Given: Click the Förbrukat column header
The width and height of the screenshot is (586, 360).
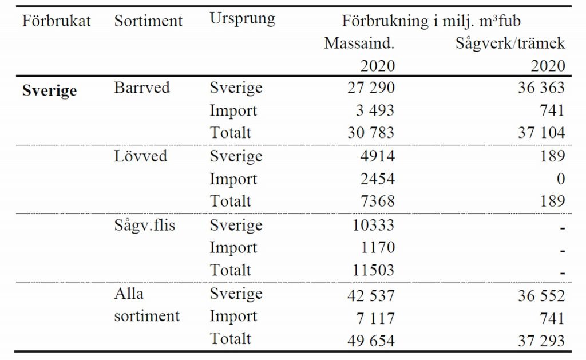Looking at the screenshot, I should [x=57, y=21].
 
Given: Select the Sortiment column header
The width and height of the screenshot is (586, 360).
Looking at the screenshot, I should [x=148, y=21].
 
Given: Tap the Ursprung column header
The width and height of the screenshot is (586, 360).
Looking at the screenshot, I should [x=242, y=18].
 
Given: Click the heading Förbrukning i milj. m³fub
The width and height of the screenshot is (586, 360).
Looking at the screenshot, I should [x=431, y=21].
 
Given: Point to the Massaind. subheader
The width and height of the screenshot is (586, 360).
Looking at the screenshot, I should [x=359, y=43].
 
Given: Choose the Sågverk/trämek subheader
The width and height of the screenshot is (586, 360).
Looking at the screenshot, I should [x=510, y=43].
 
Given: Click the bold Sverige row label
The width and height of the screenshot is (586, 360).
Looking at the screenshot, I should [x=49, y=91].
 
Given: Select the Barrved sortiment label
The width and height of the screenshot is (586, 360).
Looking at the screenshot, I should [x=142, y=88].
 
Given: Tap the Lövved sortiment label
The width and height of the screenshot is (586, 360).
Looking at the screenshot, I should [x=141, y=156].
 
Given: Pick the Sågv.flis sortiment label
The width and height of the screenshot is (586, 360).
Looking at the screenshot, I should [x=145, y=225].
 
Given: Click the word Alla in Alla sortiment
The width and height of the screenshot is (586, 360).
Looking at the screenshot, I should [x=129, y=294].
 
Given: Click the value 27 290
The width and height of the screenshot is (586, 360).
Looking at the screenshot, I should [x=371, y=88].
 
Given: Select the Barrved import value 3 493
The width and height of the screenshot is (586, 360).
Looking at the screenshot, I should [x=375, y=110].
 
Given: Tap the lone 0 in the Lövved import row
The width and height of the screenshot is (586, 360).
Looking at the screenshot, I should [x=560, y=179].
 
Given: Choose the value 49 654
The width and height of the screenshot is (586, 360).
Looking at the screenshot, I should [x=371, y=341].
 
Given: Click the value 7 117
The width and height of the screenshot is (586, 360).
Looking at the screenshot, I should [x=375, y=318].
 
